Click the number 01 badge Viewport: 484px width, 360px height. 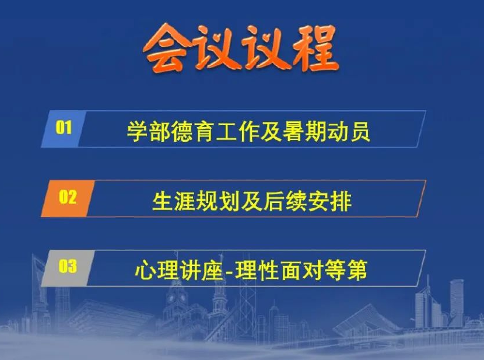pyautogui.click(x=64, y=129)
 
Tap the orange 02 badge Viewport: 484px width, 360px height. pyautogui.click(x=68, y=198)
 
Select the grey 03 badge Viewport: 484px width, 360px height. pyautogui.click(x=68, y=268)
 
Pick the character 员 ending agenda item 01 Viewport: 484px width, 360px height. pyautogui.click(x=360, y=132)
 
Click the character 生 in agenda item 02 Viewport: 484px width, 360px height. pyautogui.click(x=162, y=202)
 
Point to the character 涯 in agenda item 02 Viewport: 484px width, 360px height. pyautogui.click(x=185, y=202)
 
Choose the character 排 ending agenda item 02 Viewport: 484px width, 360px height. pyautogui.click(x=341, y=202)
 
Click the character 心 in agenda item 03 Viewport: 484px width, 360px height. pyautogui.click(x=145, y=270)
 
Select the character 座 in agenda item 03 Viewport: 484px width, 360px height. pyautogui.click(x=212, y=270)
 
